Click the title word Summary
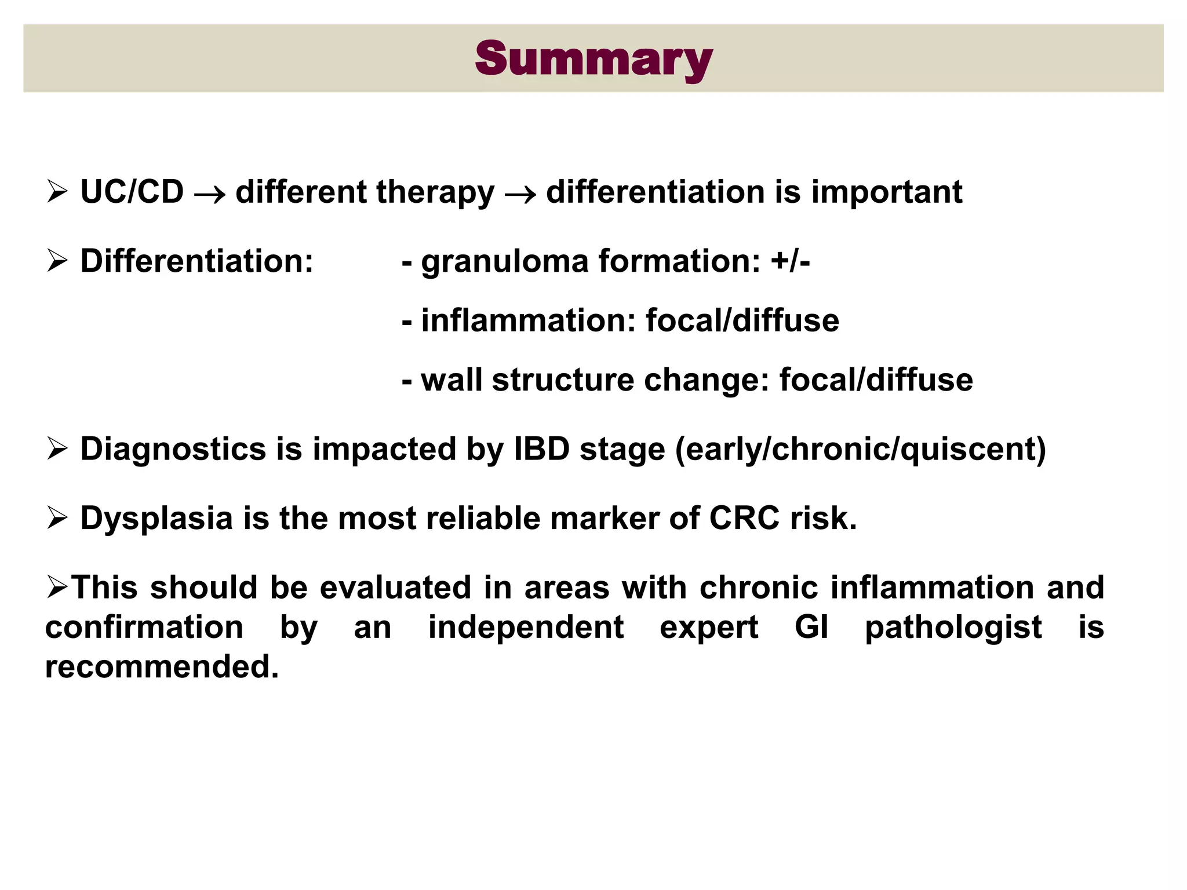(593, 59)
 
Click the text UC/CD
(132, 192)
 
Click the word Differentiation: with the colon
(196, 261)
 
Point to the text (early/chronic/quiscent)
(860, 450)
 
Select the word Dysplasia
(156, 519)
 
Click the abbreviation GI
(811, 627)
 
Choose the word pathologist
(953, 628)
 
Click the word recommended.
(162, 667)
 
